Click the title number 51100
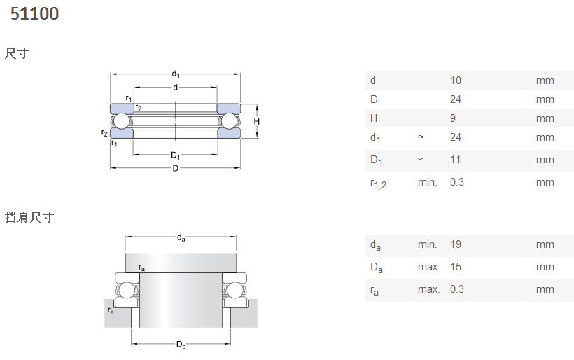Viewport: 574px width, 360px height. pos(34,13)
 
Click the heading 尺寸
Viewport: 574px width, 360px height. pos(17,53)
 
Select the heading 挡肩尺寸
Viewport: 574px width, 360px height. pos(29,217)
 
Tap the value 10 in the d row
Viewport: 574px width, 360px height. pos(456,81)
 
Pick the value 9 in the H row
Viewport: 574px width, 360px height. pos(453,118)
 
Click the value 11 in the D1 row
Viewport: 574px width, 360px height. pos(456,160)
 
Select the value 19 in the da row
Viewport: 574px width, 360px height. pos(456,244)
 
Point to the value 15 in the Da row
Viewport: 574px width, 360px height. pos(456,267)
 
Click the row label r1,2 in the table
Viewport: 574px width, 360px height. pos(378,184)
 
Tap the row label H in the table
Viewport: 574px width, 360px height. pos(373,118)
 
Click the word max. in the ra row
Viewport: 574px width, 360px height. pos(428,289)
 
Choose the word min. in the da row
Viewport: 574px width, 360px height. pos(427,244)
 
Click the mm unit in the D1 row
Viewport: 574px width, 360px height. pos(545,160)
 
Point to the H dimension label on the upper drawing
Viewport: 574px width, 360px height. pos(257,122)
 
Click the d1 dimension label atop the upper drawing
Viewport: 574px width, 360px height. pos(176,74)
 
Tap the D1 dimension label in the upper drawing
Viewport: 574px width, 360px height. pos(175,155)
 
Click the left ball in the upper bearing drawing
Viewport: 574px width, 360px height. pos(122,121)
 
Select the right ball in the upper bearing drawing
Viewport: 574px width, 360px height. pos(229,121)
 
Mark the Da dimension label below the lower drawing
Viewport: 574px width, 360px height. pos(181,345)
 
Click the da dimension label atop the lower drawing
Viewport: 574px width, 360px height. pos(181,237)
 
